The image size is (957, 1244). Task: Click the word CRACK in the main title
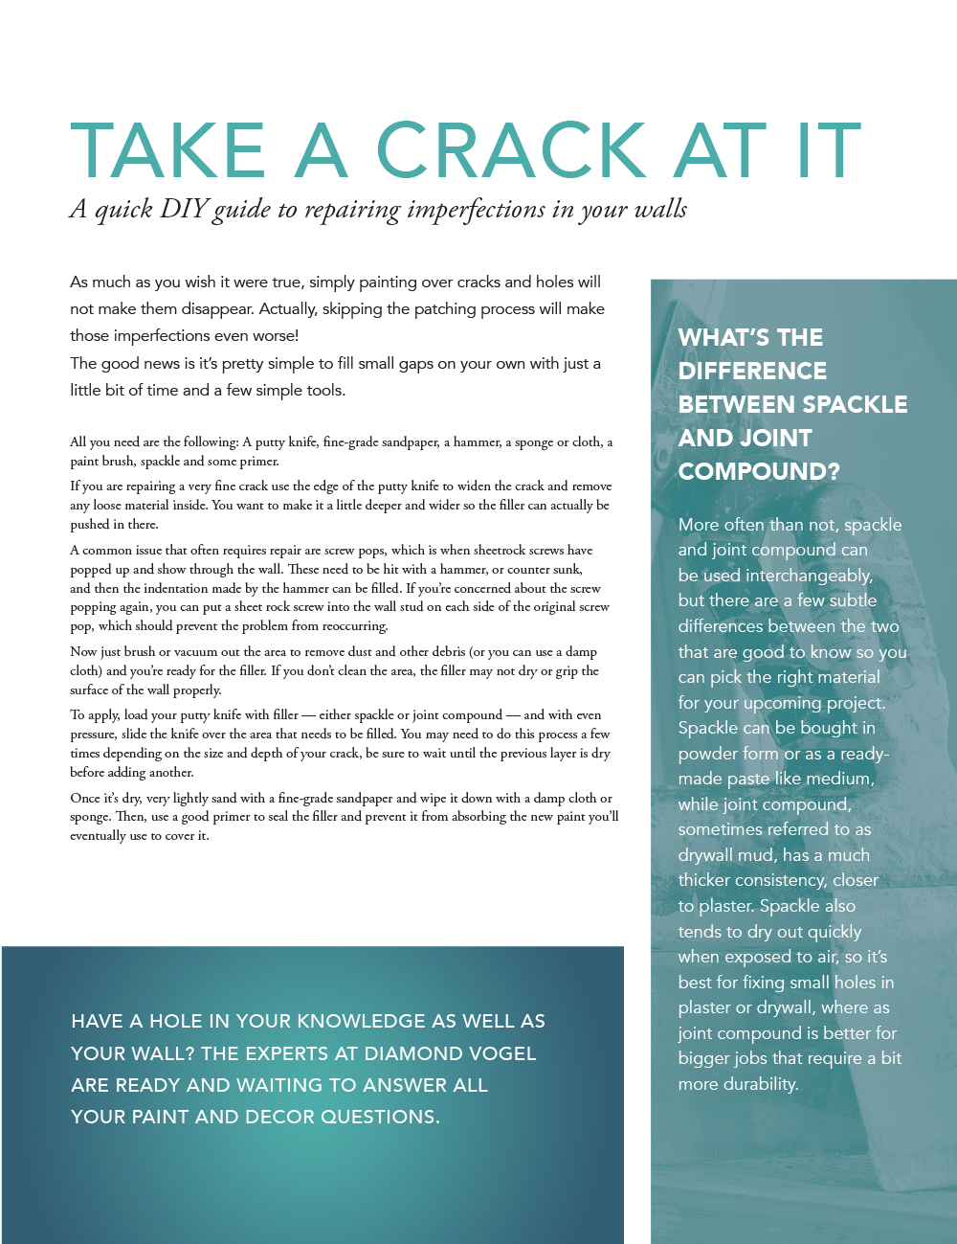point(512,150)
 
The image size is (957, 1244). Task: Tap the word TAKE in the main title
point(167,150)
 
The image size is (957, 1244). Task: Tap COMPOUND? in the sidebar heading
point(759,471)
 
